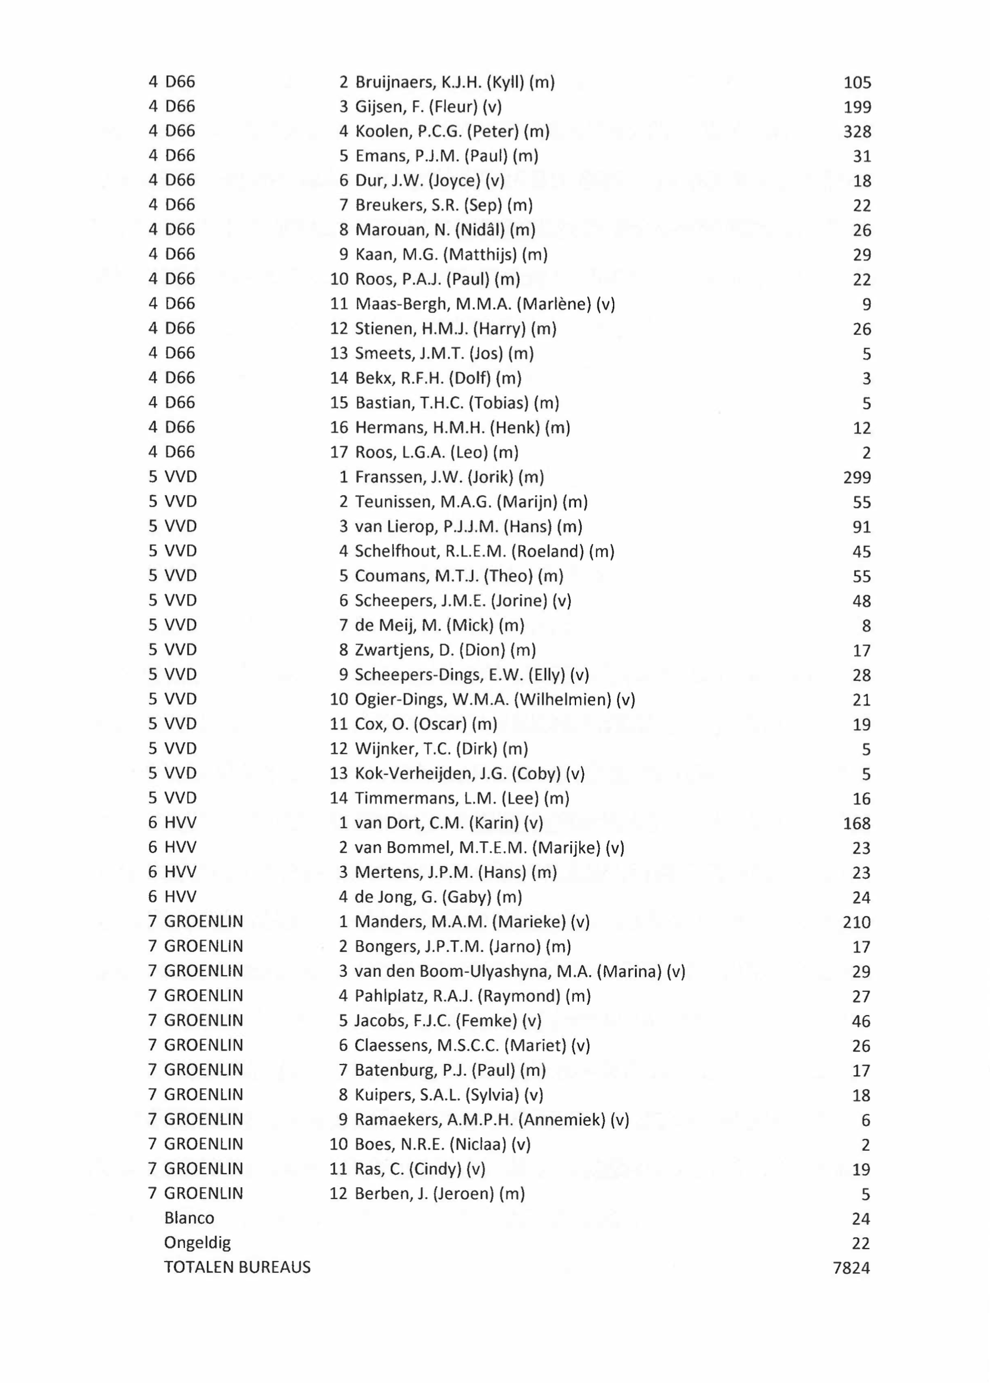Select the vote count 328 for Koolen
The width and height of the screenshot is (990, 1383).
(857, 132)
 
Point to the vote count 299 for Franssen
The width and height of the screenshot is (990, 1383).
(857, 478)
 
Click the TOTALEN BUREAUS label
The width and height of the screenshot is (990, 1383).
(237, 1267)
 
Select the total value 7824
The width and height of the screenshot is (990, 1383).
(851, 1268)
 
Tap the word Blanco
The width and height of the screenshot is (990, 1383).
(189, 1218)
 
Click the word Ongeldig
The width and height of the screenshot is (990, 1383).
(197, 1242)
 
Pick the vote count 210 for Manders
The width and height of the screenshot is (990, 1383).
(857, 922)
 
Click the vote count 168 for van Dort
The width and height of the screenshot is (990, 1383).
(857, 823)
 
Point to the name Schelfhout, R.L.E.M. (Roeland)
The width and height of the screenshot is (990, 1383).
(485, 551)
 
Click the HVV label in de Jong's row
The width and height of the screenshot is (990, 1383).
(181, 897)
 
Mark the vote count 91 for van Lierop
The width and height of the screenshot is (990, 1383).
(861, 527)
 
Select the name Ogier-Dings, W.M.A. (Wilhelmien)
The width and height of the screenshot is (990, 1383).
(495, 699)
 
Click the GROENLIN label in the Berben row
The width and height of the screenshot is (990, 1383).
(204, 1193)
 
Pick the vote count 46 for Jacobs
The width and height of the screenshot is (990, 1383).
(861, 1021)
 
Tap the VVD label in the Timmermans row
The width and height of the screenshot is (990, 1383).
(181, 798)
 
